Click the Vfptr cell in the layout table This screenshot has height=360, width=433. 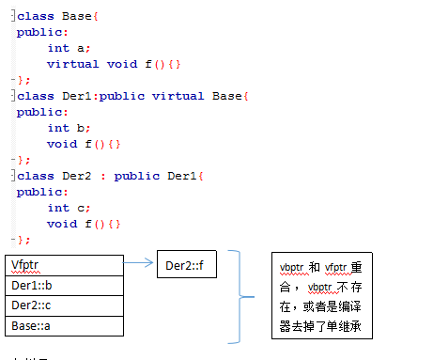(x=64, y=265)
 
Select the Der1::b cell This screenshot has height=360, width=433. (x=64, y=285)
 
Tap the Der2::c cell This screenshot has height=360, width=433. (x=64, y=305)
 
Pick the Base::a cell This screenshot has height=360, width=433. (x=64, y=325)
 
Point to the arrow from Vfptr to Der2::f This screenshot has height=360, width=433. (x=140, y=265)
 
